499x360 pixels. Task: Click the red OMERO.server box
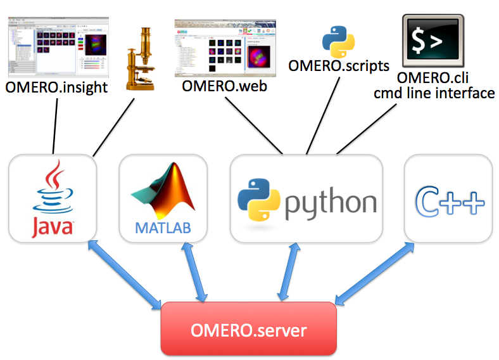coord(249,329)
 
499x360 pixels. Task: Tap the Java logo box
coord(53,198)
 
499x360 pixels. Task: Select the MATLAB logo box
coord(163,198)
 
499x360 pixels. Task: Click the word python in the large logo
coord(330,203)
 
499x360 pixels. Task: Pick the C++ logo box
coord(448,198)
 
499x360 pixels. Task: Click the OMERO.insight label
coord(57,87)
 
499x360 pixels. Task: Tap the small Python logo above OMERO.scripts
coord(334,40)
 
